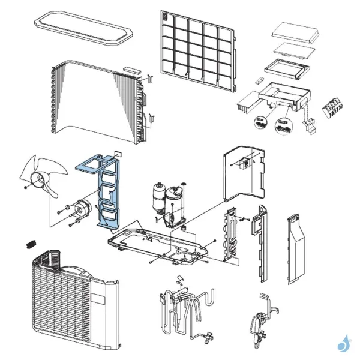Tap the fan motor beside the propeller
(x=80, y=209)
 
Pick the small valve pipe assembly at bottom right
(x=262, y=321)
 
